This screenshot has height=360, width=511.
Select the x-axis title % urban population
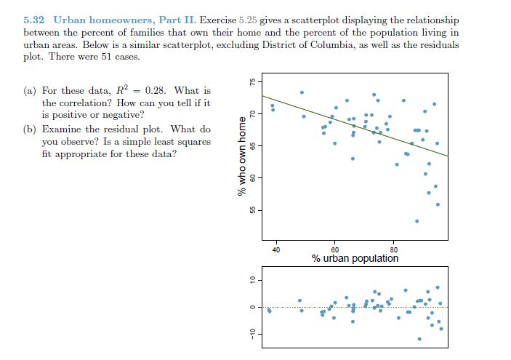tap(355, 258)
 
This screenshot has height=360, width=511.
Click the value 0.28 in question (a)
tap(153, 91)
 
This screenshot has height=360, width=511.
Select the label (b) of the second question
tap(31, 129)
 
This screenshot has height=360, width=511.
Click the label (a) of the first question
tap(31, 91)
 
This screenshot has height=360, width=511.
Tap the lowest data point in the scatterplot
tap(417, 220)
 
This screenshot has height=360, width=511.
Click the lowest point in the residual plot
tap(419, 339)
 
